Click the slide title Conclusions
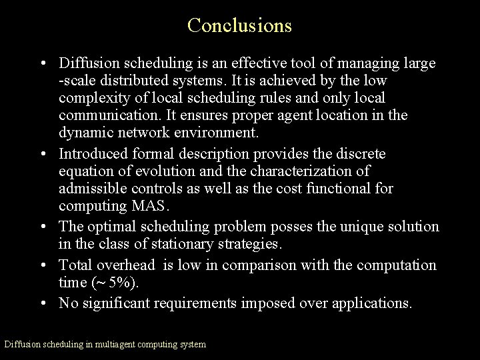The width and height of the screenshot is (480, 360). click(x=239, y=25)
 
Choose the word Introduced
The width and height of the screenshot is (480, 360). click(x=93, y=154)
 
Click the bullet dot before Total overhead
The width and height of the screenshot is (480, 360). click(x=43, y=266)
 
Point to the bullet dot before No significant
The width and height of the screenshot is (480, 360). click(x=43, y=304)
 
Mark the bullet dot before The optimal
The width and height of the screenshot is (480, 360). click(x=43, y=227)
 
